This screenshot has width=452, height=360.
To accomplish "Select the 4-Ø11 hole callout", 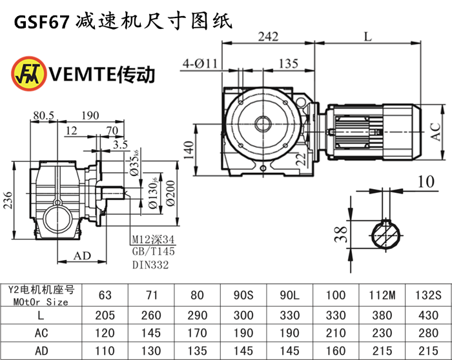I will pos(201,63).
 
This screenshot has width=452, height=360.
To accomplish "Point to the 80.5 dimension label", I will pos(43,115).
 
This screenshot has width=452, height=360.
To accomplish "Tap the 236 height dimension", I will pos(7,201).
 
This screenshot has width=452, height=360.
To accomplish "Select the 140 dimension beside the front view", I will pos(187,150).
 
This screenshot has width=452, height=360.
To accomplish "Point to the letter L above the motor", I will pos(367,37).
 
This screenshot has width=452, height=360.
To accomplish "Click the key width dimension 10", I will pos(425,183).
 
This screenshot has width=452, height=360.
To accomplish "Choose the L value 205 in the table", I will pos(105,315).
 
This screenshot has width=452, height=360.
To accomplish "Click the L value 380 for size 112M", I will pos(382,315).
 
